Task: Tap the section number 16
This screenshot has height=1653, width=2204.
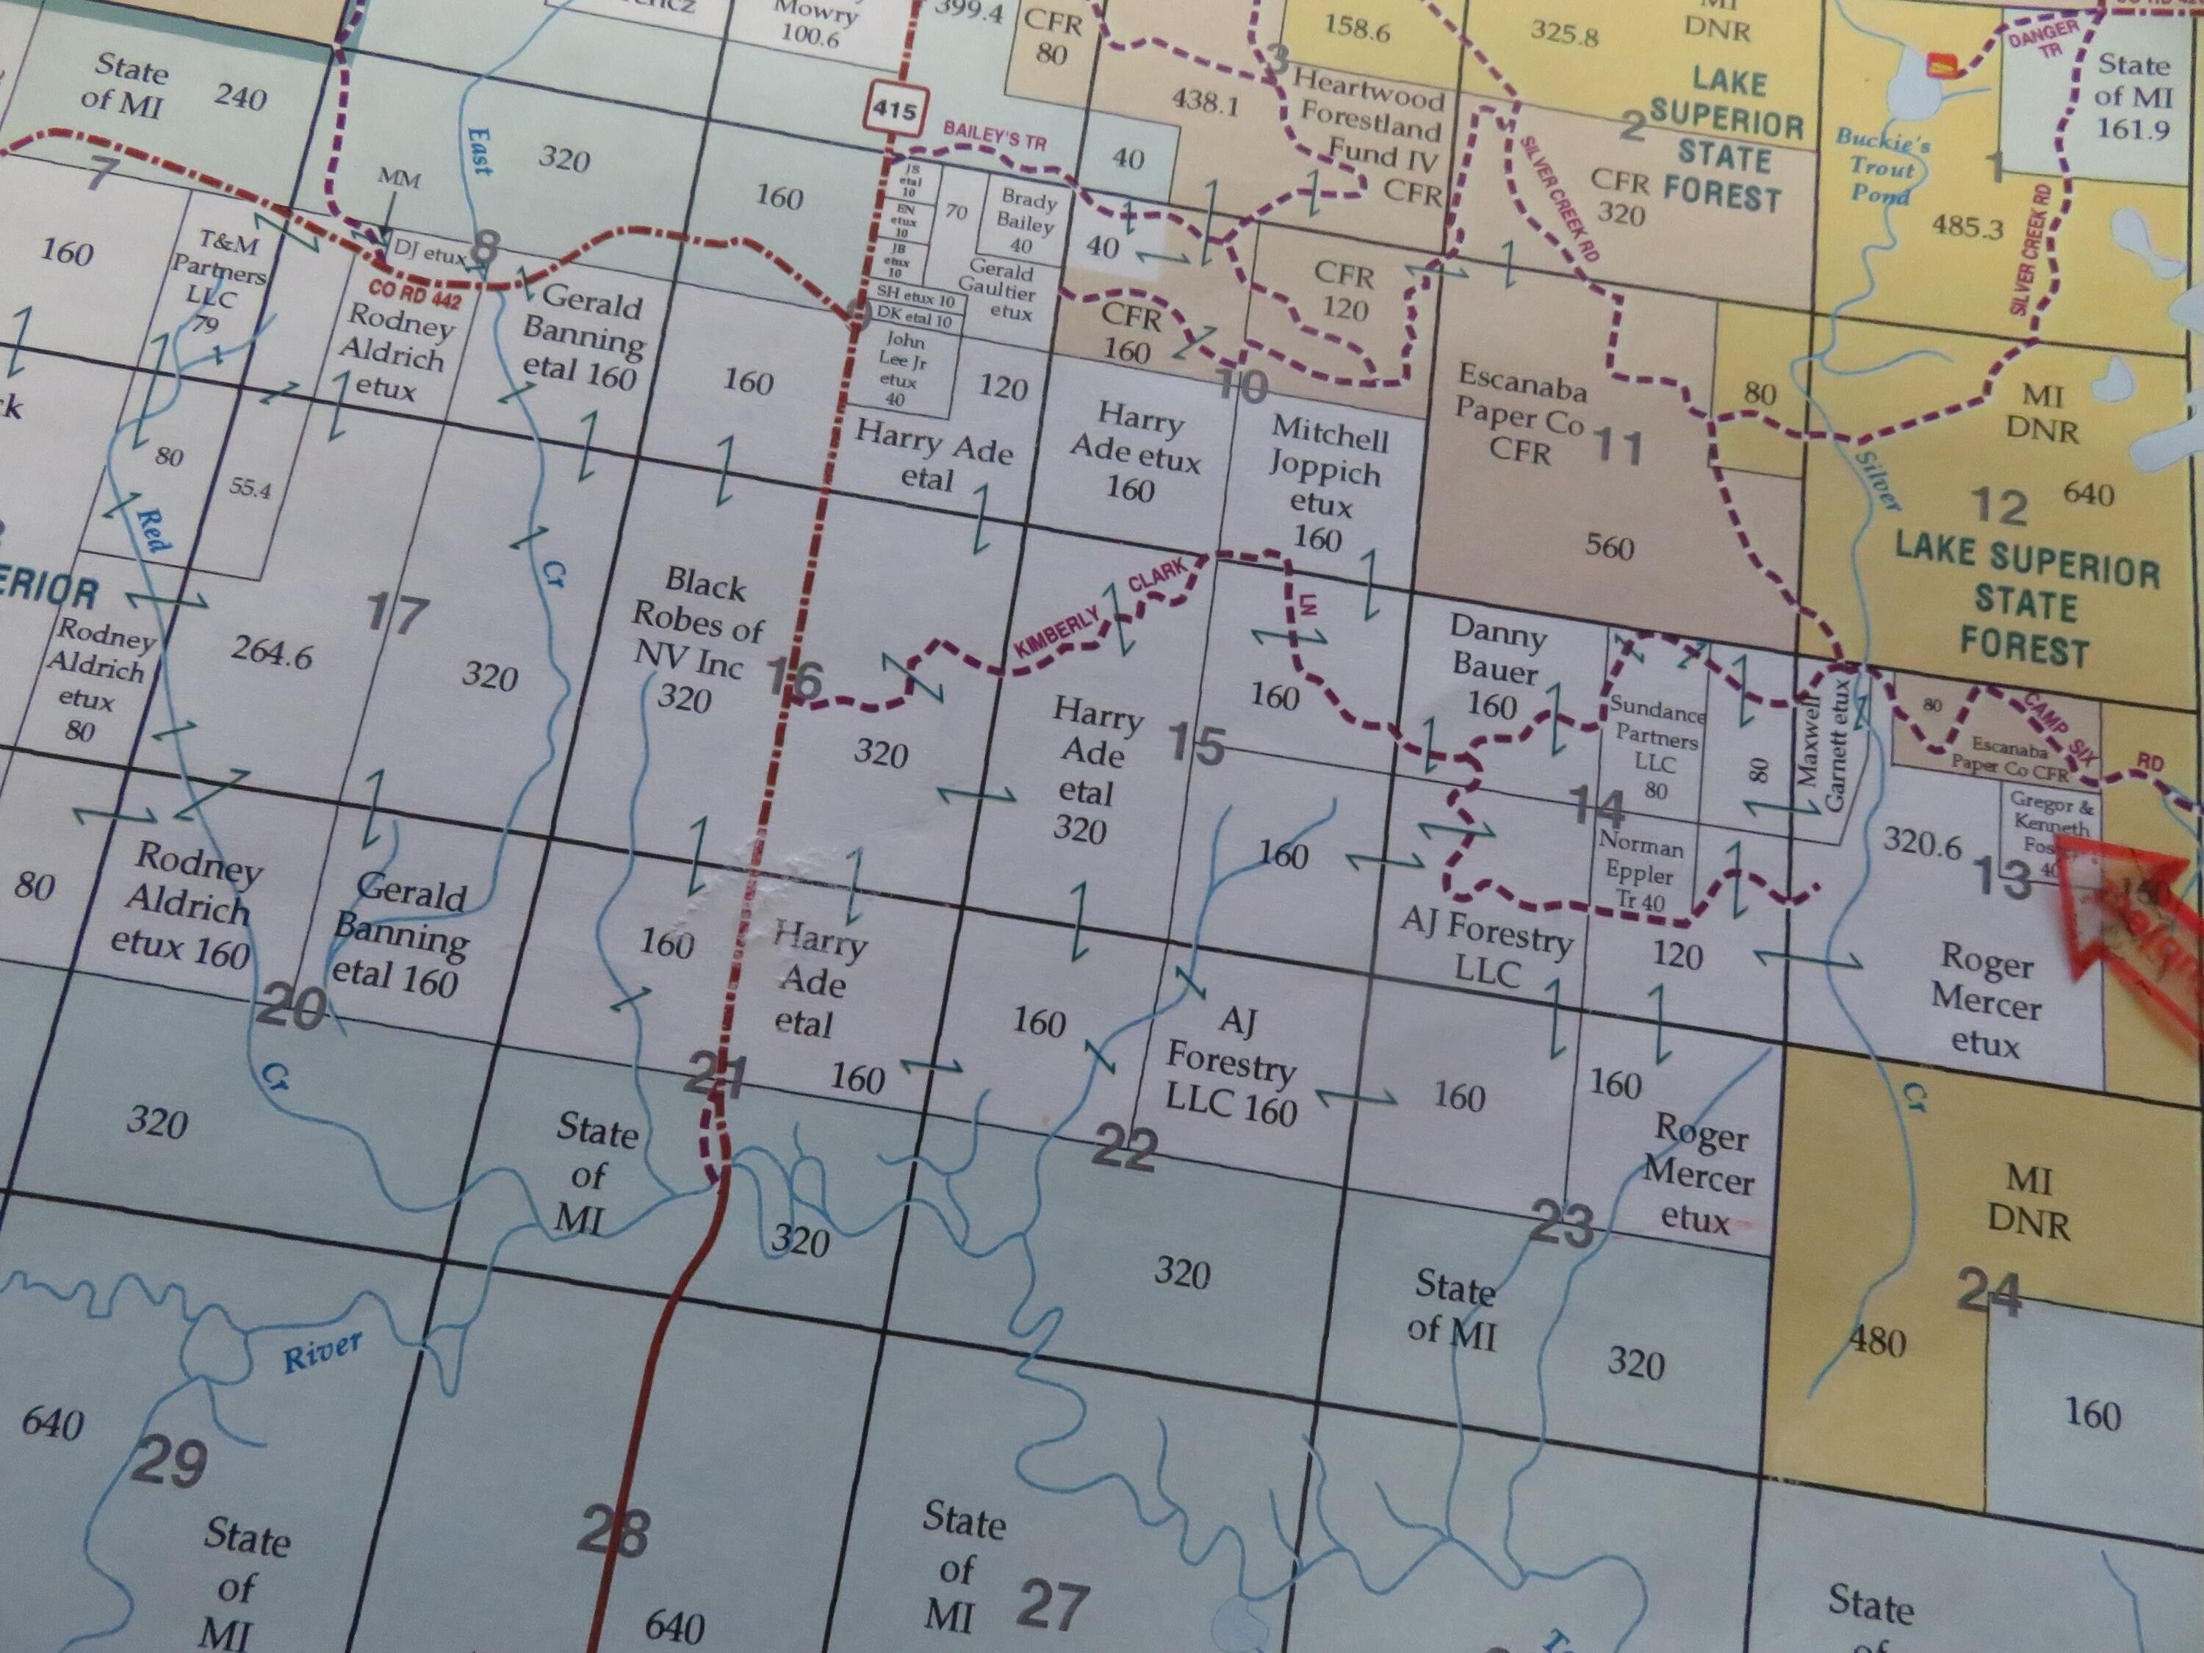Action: click(x=794, y=679)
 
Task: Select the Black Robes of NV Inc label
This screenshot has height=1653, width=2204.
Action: click(x=696, y=638)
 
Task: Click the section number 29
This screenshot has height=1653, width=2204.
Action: click(x=170, y=1462)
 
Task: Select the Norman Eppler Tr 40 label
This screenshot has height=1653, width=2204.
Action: click(x=1640, y=870)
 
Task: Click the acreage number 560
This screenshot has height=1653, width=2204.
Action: click(x=1609, y=547)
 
